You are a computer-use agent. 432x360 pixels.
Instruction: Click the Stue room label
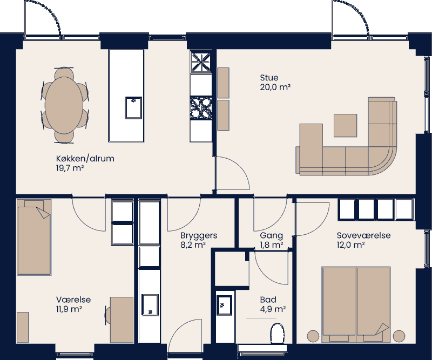[x=269, y=78]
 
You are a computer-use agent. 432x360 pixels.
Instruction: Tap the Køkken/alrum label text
[x=85, y=159]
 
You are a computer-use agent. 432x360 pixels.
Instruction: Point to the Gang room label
[x=271, y=235]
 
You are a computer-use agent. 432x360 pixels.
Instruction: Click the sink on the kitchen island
[x=133, y=107]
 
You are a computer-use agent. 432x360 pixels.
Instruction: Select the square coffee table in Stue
[x=345, y=125]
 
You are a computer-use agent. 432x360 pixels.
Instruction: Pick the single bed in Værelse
[x=33, y=237]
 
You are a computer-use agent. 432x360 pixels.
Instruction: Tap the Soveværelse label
[x=363, y=235]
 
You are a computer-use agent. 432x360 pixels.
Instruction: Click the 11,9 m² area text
[x=69, y=309]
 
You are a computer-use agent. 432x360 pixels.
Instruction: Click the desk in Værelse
[x=122, y=318]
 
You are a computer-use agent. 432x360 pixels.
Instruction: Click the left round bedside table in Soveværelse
[x=313, y=336]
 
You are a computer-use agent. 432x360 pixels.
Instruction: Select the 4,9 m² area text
[x=273, y=309]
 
